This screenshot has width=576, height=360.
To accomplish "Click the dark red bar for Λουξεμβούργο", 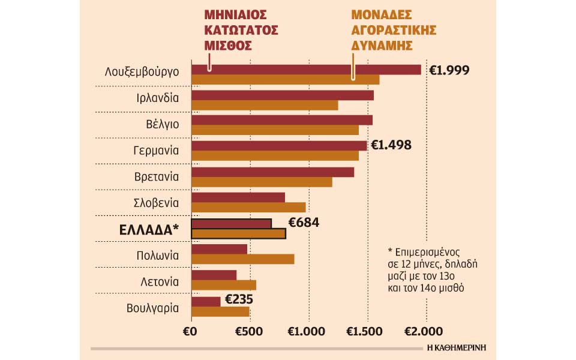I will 306,70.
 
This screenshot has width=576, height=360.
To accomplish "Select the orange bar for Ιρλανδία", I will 264,106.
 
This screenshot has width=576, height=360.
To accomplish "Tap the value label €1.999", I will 449,70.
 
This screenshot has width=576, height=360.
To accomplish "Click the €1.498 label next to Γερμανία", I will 391,145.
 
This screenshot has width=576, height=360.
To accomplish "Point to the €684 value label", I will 304,223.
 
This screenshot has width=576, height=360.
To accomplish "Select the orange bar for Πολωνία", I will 242,259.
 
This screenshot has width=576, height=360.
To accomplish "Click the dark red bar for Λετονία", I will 214,275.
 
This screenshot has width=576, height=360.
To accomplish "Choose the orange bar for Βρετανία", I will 262,182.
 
